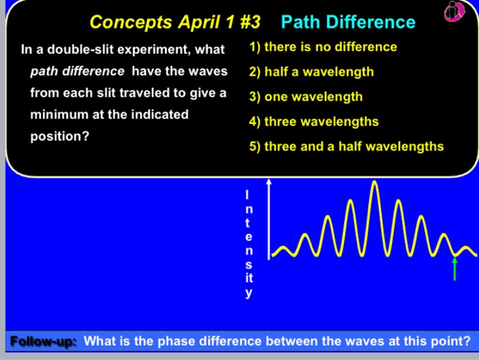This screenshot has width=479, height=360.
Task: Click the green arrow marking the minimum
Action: (x=454, y=268)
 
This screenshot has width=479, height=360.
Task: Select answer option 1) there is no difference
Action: (x=323, y=47)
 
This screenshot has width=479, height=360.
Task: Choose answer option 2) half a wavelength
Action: (x=311, y=72)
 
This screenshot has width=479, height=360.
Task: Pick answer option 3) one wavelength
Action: (x=306, y=97)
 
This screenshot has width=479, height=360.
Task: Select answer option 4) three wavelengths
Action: (x=313, y=122)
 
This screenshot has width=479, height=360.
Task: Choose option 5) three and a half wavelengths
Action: (x=346, y=146)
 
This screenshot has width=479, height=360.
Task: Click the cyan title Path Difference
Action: (x=348, y=22)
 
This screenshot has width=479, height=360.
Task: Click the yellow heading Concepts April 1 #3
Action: (x=175, y=22)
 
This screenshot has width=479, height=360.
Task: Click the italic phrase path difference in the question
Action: (x=77, y=71)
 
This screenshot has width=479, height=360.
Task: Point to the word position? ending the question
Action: (x=60, y=136)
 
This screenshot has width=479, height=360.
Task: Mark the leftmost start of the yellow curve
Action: (x=273, y=255)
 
